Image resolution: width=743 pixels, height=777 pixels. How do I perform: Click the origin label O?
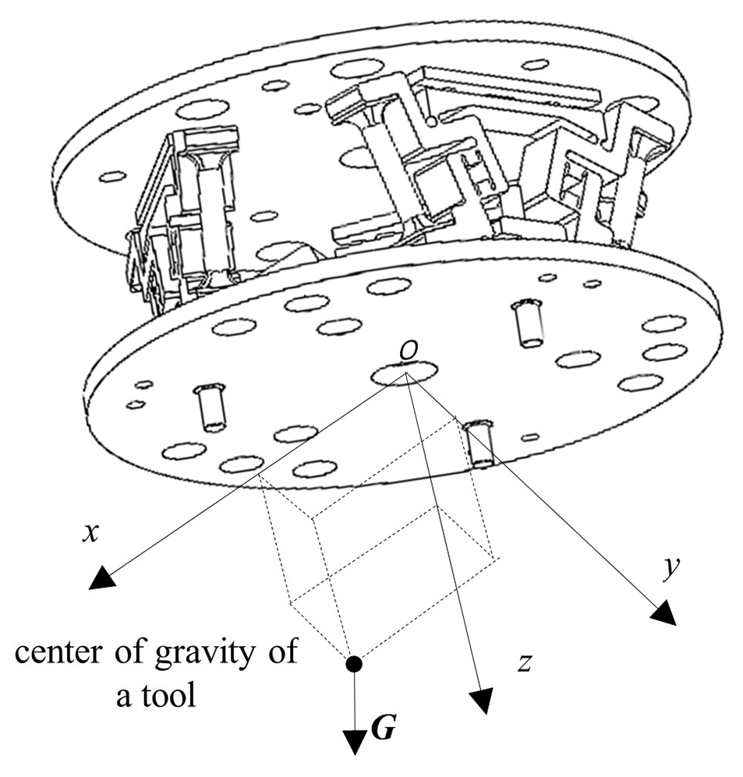pos(406,352)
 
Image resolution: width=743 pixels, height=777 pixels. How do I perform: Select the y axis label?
pos(667,571)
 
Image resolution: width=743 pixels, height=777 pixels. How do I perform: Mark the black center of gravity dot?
pos(354,664)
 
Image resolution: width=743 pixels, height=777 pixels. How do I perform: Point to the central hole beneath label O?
pos(404,376)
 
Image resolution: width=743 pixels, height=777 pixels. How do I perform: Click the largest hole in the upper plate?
pos(352,69)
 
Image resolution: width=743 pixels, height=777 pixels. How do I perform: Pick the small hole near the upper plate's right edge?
pos(536,63)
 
